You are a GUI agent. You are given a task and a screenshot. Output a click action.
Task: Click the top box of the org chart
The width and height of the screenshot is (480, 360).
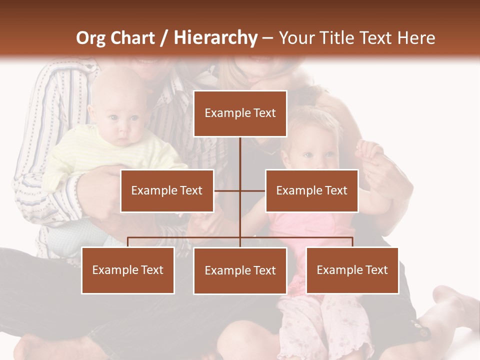click(x=240, y=113)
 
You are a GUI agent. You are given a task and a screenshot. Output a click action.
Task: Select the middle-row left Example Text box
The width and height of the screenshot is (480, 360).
click(x=167, y=190)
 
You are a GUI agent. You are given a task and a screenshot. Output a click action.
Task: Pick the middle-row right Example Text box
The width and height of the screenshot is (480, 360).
click(x=311, y=190)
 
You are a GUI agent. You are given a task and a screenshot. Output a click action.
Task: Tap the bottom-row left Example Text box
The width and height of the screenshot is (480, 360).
click(x=128, y=270)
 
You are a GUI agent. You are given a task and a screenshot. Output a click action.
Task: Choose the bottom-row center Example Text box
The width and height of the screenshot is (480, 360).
click(x=240, y=271)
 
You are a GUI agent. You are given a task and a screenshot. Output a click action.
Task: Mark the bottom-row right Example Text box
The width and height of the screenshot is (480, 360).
click(x=352, y=270)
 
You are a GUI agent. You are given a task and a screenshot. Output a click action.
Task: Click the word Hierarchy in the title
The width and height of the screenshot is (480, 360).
click(x=215, y=38)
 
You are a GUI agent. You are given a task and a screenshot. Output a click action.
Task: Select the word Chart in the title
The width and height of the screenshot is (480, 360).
click(x=134, y=38)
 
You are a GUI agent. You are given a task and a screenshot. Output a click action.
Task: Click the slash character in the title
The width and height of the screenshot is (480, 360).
click(x=164, y=38)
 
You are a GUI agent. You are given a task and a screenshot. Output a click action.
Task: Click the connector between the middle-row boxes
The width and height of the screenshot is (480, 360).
click(x=240, y=190)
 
